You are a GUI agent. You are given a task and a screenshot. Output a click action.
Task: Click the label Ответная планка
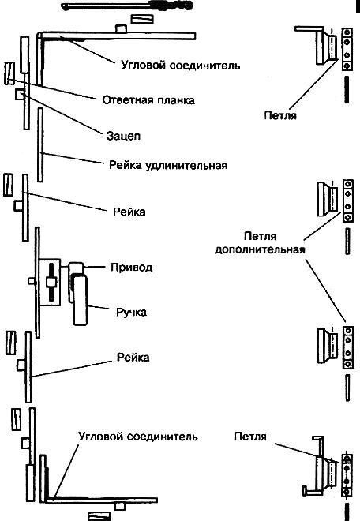pos(148,100)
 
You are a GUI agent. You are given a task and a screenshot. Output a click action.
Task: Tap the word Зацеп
pos(123,136)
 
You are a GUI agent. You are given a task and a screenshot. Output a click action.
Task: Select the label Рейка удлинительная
pos(168,165)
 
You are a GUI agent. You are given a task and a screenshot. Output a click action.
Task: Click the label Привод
pos(132,268)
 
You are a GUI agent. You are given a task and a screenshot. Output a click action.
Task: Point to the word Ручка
pos(131,313)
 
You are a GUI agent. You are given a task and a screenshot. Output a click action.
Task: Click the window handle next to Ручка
pos(80,300)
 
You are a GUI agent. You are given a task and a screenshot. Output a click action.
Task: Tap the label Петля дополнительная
pos(260,243)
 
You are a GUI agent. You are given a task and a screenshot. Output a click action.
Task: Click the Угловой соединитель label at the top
pos(181,65)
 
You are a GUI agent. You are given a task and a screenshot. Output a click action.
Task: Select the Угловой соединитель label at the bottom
pos(138,437)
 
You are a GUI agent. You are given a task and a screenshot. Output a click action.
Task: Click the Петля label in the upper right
pos(280,115)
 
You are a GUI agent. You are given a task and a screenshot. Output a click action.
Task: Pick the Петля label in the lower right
pos(250,437)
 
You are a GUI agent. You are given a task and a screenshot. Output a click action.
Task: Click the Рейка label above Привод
pos(129,212)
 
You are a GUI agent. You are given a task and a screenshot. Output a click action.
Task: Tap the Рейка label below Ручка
pos(133,358)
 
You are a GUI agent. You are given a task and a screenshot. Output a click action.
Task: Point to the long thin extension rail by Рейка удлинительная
pos(40,144)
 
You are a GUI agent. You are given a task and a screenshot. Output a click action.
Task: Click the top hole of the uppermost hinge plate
pos(347,32)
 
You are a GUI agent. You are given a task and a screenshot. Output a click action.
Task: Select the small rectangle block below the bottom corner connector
pos(99,517)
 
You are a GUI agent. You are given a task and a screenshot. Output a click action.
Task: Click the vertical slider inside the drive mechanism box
pos(51,283)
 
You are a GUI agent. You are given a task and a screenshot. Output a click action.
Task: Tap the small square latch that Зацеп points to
pos(20,95)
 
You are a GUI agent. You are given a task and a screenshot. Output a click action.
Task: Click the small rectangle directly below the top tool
pos(142,19)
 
